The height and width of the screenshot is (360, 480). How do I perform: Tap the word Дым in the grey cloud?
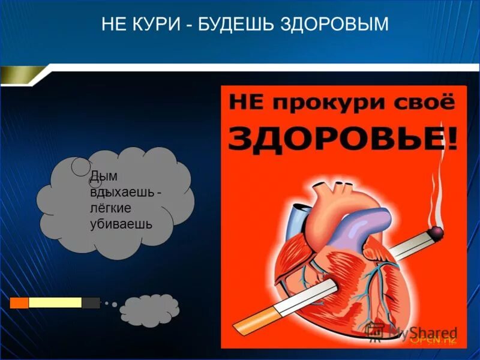104,176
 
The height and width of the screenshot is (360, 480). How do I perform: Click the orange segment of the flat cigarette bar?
19,303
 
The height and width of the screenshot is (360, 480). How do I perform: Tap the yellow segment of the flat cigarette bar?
55,303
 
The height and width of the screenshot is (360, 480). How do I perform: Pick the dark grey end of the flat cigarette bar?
91,303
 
